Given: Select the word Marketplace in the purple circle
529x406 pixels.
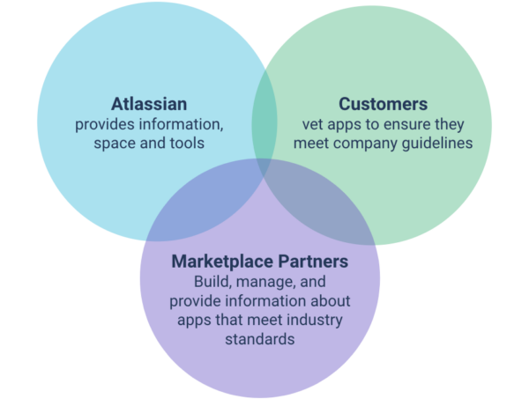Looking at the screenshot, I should click(x=213, y=262).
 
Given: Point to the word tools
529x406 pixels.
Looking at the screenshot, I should click(x=186, y=143).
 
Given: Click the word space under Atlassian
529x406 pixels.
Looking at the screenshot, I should click(x=115, y=143).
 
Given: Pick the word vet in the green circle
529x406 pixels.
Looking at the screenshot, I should click(x=313, y=124).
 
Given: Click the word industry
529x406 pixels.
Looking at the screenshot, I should click(x=314, y=319).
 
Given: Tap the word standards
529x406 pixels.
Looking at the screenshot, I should click(x=261, y=338).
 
